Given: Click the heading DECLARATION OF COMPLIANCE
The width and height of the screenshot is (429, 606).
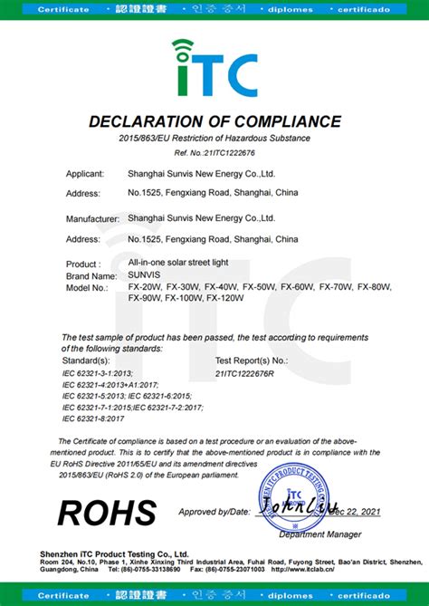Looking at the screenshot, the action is coord(214,121).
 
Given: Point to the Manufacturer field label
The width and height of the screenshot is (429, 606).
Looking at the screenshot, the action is coord(93,219).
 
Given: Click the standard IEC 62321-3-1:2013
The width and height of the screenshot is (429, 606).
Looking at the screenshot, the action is coord(100,372).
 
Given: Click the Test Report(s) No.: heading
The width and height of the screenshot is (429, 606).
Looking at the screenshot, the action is coord(253,360).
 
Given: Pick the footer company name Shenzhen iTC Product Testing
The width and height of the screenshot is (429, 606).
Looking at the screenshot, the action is coord(126,553).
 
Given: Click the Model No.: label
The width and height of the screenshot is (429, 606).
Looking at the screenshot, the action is coord(89,286).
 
